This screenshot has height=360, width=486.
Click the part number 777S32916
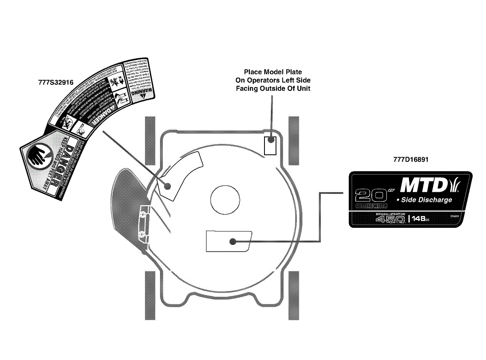[x=55, y=82]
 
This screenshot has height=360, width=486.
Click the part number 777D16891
[x=411, y=159]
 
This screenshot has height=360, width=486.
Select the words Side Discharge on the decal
[x=426, y=200]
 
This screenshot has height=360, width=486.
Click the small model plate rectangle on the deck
[x=270, y=145]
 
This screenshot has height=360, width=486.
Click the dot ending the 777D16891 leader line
[x=232, y=242]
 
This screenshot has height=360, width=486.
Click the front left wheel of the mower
[x=150, y=140]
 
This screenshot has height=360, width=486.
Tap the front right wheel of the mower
[x=293, y=140]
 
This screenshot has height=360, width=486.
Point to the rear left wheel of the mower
[x=150, y=295]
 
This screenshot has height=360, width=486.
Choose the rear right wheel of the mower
[x=293, y=295]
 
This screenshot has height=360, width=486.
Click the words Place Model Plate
[x=273, y=72]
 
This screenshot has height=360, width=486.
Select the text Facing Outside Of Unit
[x=273, y=88]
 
